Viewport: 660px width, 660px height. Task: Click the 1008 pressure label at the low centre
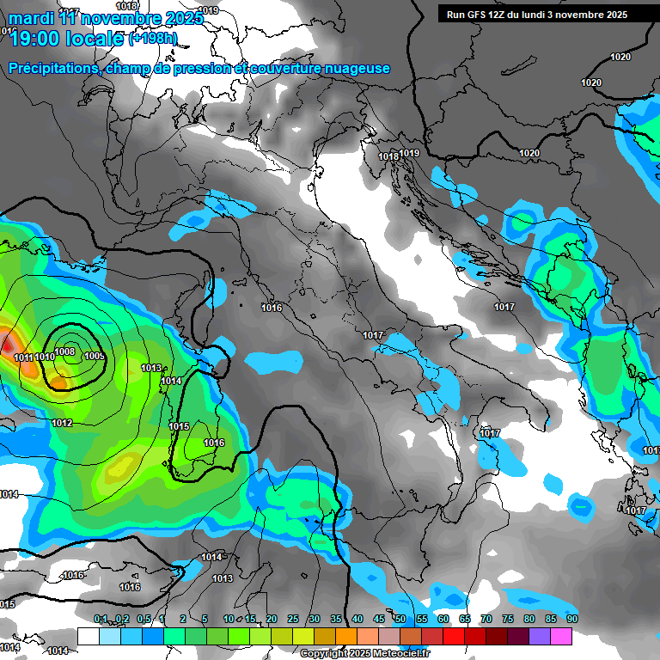[x=65, y=351]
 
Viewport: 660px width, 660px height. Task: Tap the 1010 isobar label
[x=46, y=357]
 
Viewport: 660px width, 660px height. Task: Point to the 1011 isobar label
[x=23, y=357]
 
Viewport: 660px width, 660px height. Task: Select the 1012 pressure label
[x=62, y=423]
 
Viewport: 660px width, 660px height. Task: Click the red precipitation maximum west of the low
[x=7, y=343]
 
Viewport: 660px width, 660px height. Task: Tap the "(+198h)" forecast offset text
[x=152, y=39]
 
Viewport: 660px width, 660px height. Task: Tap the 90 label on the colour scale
[x=571, y=619]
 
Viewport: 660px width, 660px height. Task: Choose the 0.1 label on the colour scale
[x=101, y=619]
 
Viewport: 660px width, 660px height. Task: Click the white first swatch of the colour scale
[x=88, y=636]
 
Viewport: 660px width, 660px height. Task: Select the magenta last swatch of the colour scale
[x=561, y=636]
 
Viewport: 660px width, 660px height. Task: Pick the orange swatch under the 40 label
[x=346, y=636]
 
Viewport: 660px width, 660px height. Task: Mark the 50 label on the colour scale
[x=400, y=619]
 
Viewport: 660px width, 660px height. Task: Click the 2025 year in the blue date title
[x=182, y=18]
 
